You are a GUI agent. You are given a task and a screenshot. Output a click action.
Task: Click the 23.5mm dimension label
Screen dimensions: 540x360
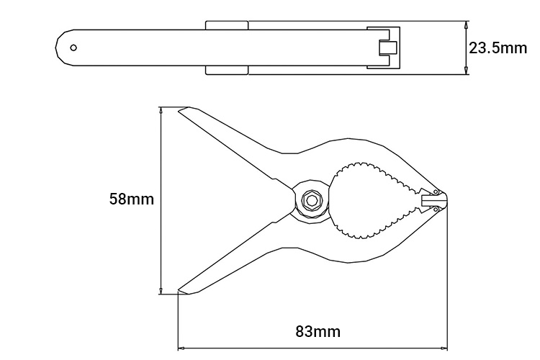(x=498, y=48)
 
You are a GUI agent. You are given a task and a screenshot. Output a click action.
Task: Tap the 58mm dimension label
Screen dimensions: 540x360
(x=132, y=199)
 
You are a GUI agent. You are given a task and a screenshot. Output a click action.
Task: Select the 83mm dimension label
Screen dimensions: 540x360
(x=318, y=331)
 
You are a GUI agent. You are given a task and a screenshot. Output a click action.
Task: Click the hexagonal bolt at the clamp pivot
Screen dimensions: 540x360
(x=311, y=200)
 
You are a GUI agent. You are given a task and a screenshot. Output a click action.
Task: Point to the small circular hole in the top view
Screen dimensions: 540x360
(x=73, y=48)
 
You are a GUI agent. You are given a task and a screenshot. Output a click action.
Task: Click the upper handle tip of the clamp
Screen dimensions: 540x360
(x=179, y=110)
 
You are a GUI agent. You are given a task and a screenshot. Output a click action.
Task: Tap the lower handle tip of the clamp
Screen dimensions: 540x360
(x=179, y=290)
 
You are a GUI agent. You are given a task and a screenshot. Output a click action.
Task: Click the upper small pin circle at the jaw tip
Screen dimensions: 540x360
(x=436, y=192)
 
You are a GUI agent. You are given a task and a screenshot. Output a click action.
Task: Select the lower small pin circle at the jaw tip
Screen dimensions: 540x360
(x=436, y=209)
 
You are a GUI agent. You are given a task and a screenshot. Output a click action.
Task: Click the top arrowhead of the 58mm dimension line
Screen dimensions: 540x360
(x=161, y=111)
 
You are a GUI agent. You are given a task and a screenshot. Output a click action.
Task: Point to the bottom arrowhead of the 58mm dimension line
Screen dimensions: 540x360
(x=161, y=290)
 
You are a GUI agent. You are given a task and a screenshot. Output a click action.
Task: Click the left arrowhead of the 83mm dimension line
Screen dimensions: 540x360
(x=181, y=348)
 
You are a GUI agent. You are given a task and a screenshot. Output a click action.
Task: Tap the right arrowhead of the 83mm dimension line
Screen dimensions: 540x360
(x=444, y=348)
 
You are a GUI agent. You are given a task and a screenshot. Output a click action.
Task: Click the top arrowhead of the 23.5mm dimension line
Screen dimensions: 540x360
(x=466, y=24)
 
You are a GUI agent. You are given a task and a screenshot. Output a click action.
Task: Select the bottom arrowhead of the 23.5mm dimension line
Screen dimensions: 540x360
(x=466, y=71)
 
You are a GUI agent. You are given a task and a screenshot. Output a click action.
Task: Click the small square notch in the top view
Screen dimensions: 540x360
(x=388, y=48)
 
